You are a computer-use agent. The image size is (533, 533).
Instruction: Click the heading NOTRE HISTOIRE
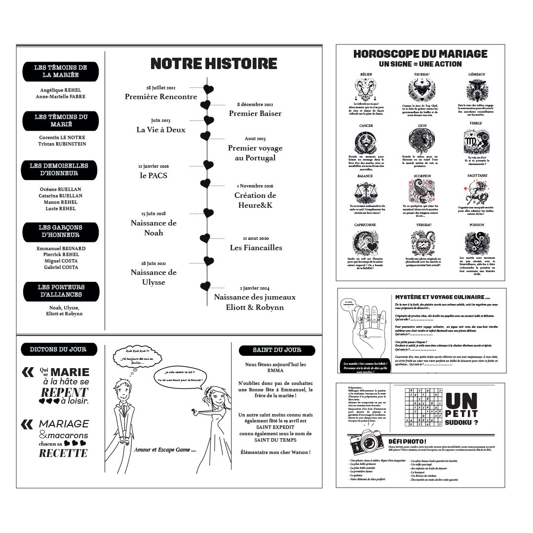214,64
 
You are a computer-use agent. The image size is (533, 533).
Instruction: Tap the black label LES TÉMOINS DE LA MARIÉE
61,72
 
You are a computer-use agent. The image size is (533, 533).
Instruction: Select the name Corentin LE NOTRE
62,138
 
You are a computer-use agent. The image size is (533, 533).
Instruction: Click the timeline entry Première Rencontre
161,97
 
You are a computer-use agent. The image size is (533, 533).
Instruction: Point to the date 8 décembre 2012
255,105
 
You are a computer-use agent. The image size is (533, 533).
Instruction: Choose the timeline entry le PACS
153,175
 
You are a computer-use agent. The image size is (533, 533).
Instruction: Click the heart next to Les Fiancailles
205,239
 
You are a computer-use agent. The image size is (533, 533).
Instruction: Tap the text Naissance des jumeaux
255,297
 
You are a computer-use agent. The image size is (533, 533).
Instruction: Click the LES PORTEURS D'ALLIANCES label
61,291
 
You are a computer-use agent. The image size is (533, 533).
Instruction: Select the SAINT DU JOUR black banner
277,350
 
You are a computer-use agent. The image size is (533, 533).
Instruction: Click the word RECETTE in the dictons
63,453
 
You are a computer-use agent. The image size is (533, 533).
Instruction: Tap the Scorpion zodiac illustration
422,191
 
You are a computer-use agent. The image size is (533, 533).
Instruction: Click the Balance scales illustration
365,191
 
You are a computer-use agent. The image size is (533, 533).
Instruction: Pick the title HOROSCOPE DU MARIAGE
420,54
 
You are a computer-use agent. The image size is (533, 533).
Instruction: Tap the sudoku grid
423,407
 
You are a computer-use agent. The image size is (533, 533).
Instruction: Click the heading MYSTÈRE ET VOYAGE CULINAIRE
443,297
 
